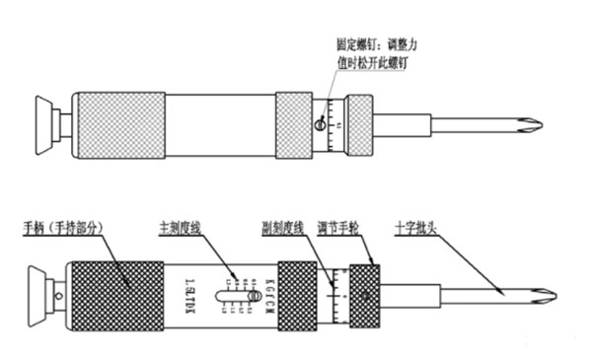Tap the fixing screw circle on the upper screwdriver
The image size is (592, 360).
tap(319, 124)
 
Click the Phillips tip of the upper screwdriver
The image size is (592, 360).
tap(533, 125)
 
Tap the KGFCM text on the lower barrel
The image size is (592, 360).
tap(263, 293)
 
